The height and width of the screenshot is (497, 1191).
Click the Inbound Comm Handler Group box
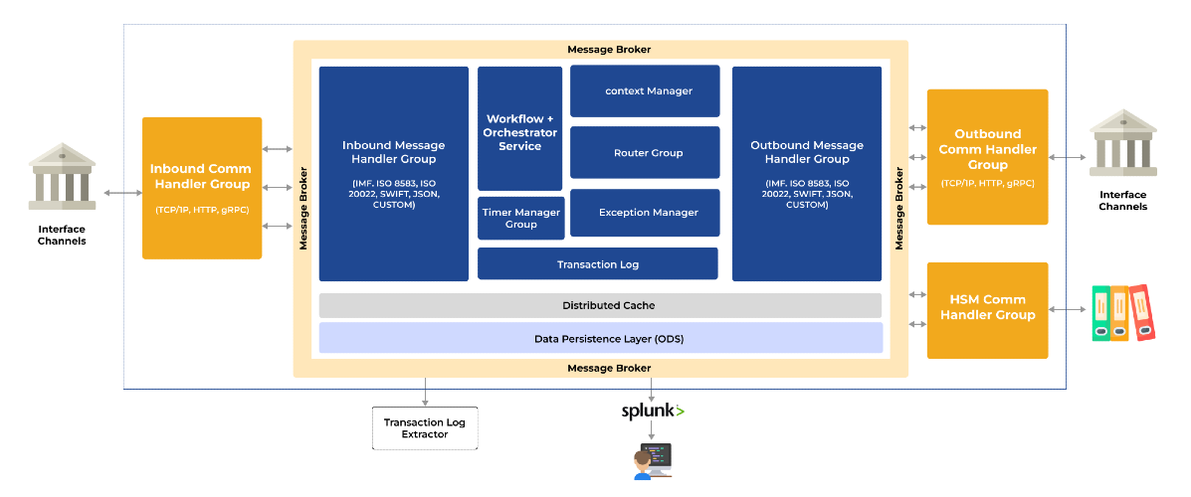point(202,188)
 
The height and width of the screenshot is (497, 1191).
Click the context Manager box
point(645,91)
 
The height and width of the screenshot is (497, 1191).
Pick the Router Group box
point(645,152)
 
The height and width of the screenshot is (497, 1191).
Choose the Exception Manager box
point(645,213)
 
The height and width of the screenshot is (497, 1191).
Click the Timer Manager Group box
point(521,219)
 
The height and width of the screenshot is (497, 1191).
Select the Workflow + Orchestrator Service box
point(520,128)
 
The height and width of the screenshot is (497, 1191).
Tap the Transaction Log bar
point(598,264)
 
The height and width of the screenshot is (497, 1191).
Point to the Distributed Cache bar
point(600,305)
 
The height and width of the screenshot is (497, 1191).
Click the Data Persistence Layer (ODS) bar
point(600,338)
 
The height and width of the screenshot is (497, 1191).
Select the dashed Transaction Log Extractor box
point(425,428)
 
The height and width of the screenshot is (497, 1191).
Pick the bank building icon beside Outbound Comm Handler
point(1122,143)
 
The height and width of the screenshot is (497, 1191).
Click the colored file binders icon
point(1123,313)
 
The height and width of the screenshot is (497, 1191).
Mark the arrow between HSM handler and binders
point(1070,309)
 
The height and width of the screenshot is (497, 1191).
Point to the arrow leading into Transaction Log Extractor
point(425,392)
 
